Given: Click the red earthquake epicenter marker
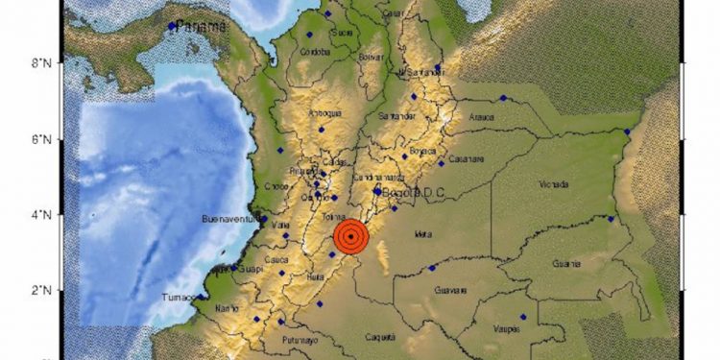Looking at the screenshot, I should click(352, 236).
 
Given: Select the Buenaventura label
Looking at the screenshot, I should click(228, 220).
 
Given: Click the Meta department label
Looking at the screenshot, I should click(420, 232).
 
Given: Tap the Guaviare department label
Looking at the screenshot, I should click(450, 289).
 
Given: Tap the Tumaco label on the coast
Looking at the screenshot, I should click(180, 296).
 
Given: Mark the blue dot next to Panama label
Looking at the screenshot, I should click(172, 26).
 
